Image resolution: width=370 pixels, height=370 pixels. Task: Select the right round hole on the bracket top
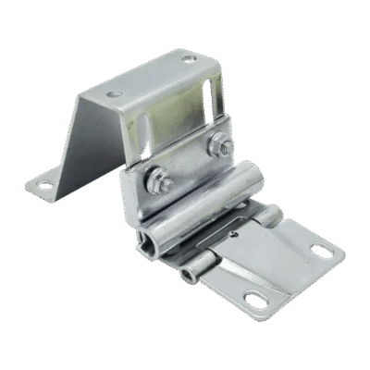click(x=190, y=60)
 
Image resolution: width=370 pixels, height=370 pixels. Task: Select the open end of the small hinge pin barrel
click(x=193, y=278)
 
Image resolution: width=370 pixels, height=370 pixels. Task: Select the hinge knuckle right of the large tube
click(x=268, y=217)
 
